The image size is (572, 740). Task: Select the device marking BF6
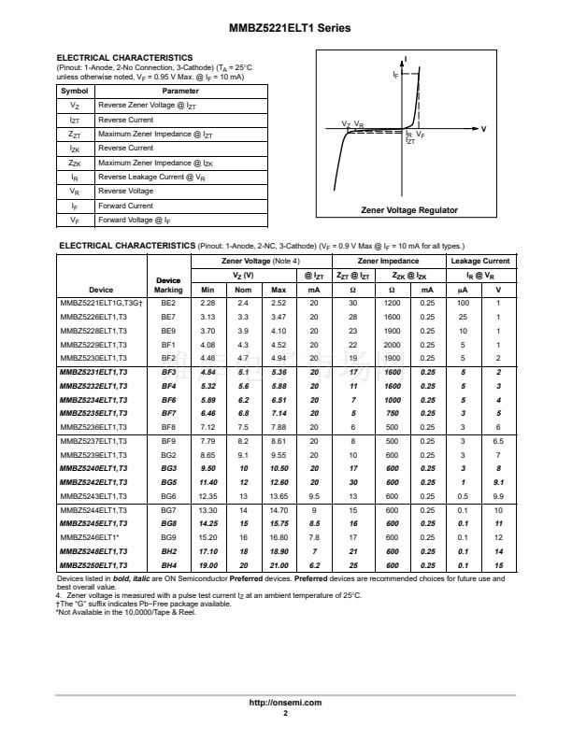point(168,399)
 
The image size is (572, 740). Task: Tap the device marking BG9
point(168,538)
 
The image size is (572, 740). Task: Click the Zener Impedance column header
point(389,261)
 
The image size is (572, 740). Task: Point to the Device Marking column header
point(168,284)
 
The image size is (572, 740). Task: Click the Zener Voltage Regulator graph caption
point(409,211)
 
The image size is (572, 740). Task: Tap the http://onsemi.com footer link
point(286,702)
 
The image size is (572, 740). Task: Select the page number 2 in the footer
point(286,713)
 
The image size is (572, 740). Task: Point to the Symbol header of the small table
point(75,91)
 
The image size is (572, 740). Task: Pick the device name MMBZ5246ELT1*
point(90,538)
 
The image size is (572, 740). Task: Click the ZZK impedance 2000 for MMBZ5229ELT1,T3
point(393,345)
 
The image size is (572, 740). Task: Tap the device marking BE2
point(168,304)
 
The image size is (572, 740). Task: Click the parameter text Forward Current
point(126,206)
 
